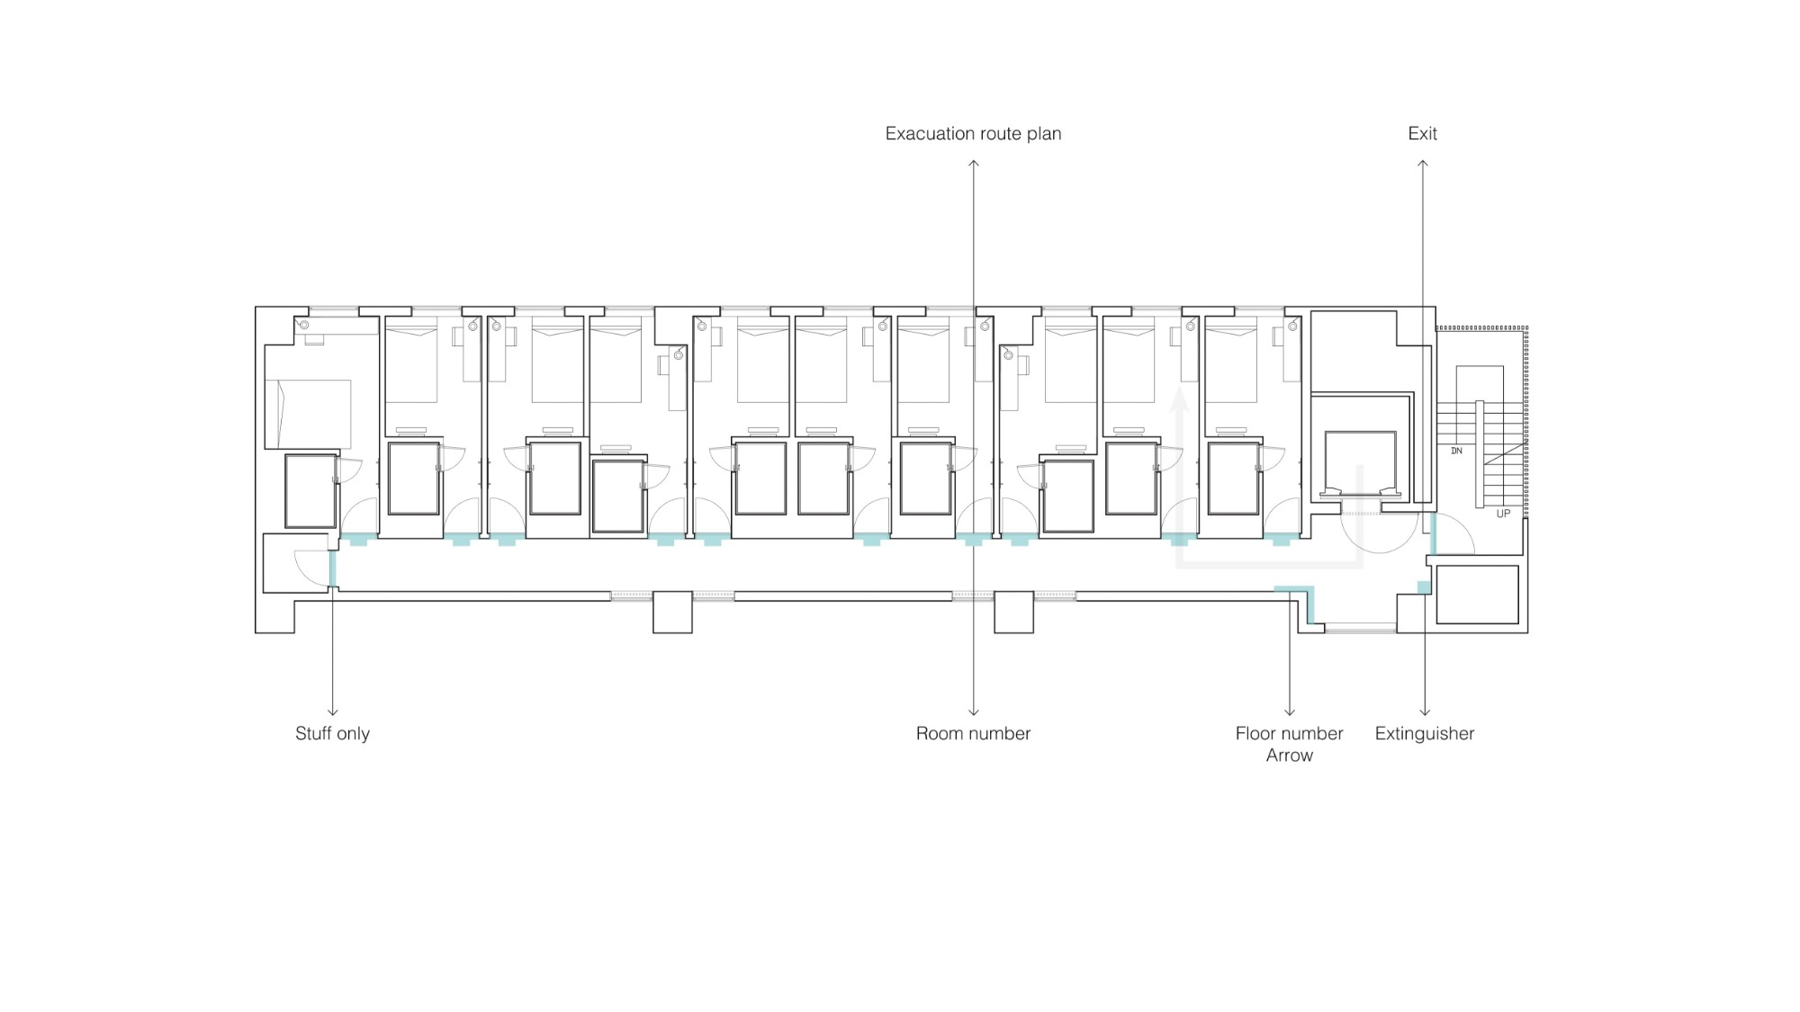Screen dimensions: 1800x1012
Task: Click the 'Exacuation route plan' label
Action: (x=973, y=134)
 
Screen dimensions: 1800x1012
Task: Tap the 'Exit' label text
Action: (x=1422, y=134)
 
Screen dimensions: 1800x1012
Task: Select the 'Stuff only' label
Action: (x=332, y=733)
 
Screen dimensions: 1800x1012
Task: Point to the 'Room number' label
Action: (x=973, y=733)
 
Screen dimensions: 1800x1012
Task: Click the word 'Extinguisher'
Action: (x=1424, y=733)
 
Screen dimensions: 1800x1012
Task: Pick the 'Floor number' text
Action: (x=1289, y=733)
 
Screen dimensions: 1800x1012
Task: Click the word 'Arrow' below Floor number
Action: (x=1289, y=756)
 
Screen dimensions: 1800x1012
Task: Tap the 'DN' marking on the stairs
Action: (x=1456, y=451)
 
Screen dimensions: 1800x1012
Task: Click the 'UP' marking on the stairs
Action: (x=1503, y=514)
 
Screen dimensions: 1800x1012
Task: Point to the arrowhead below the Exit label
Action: (x=1423, y=164)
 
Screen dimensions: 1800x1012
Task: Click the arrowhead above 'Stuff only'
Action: (x=333, y=712)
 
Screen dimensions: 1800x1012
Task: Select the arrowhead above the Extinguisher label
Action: (x=1425, y=712)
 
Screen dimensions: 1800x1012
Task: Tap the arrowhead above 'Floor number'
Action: (x=1290, y=712)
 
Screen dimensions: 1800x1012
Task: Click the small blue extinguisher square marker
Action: (x=1424, y=587)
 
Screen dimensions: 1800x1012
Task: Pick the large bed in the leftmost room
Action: (x=308, y=414)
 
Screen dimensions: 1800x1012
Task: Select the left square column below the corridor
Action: (x=672, y=612)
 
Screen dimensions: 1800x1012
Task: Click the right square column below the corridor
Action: (x=1013, y=612)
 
